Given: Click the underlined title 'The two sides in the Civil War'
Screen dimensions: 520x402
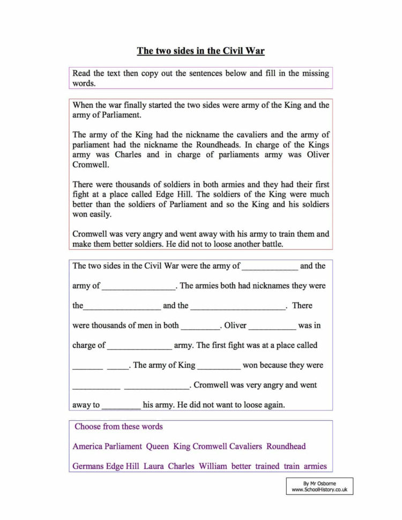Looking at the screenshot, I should point(200,51).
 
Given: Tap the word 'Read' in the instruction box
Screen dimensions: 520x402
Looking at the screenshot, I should point(81,73).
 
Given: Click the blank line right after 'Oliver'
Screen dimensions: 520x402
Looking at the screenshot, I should point(272,326).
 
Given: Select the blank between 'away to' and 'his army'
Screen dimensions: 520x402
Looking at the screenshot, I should point(121,405).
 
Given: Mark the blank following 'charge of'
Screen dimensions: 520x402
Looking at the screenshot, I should point(139,346).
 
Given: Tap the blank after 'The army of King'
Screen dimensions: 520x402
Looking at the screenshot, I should point(219,366).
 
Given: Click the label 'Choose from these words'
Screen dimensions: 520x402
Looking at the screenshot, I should point(118,427).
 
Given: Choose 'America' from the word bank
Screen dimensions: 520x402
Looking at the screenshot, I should point(87,446).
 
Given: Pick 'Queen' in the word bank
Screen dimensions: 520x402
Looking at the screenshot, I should point(158,446).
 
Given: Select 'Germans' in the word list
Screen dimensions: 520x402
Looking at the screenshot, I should point(88,466).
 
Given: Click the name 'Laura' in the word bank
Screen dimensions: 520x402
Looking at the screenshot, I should point(154,466).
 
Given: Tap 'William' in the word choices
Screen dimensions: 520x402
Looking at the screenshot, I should point(213,466).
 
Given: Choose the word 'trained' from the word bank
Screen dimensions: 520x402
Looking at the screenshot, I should point(267,466).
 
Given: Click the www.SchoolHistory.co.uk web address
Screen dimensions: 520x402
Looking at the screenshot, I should point(320,489).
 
